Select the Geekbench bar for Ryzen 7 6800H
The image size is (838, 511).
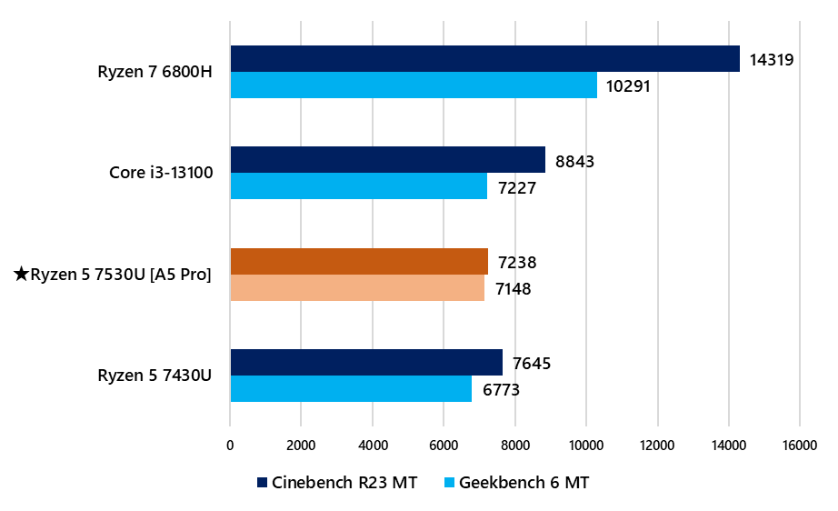pyautogui.click(x=414, y=85)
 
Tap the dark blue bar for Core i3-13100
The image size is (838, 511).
pyautogui.click(x=387, y=160)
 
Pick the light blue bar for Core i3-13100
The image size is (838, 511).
pyautogui.click(x=358, y=186)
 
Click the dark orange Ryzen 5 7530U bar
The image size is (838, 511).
pyautogui.click(x=359, y=262)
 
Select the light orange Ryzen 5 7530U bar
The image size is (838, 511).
pyautogui.click(x=357, y=288)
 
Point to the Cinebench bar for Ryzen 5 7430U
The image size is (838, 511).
pyautogui.click(x=366, y=363)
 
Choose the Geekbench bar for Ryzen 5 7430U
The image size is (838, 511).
pyautogui.click(x=351, y=389)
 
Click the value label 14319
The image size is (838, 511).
pyautogui.click(x=772, y=61)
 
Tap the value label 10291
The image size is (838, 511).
pyautogui.click(x=629, y=87)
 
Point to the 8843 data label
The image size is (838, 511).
pyautogui.click(x=576, y=162)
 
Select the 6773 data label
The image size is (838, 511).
pyautogui.click(x=503, y=391)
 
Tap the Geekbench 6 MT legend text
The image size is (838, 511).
pyautogui.click(x=524, y=483)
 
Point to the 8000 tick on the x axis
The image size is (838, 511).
pyautogui.click(x=515, y=445)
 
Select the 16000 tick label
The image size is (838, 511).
pyautogui.click(x=799, y=445)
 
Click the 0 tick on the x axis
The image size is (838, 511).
pyautogui.click(x=230, y=445)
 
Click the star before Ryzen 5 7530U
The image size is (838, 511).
pyautogui.click(x=22, y=273)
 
